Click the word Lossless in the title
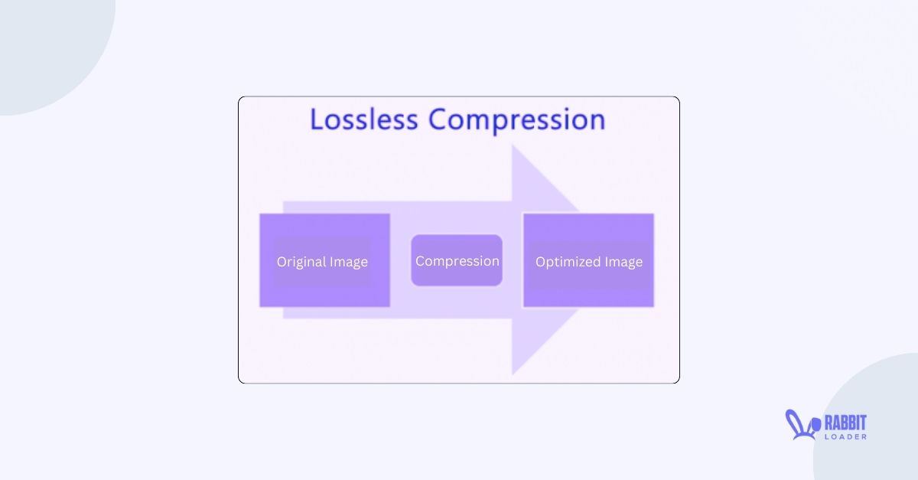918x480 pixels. coord(363,120)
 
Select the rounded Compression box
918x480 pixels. coord(457,260)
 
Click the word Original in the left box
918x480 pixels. coord(301,262)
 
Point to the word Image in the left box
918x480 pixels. coord(348,262)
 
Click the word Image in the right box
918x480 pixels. coord(623,262)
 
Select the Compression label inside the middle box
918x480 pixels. coord(457,261)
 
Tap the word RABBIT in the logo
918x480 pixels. coord(845,422)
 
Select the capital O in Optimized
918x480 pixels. coord(541,262)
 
